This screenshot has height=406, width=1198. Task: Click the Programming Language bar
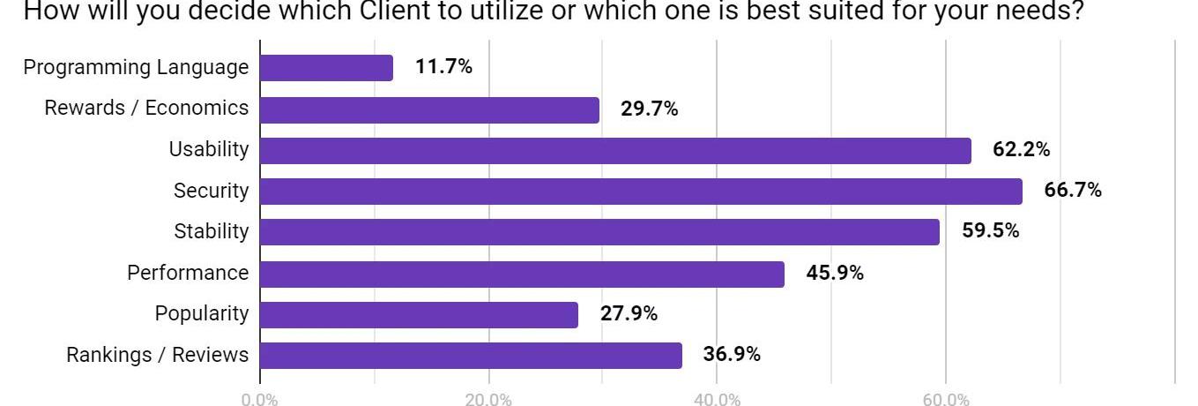point(327,68)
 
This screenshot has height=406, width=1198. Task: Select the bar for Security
point(641,192)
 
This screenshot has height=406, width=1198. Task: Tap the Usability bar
point(615,151)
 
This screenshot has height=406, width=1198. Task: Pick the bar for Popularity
point(419,315)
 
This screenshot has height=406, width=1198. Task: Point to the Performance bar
point(522,274)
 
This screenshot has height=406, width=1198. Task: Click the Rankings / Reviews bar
point(471,356)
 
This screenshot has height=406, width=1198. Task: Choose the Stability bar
point(599,232)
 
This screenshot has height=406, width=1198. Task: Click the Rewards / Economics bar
point(429,110)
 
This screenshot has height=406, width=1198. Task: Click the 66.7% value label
point(1072,190)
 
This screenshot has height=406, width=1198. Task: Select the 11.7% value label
point(443,66)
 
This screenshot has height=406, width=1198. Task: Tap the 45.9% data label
point(834,273)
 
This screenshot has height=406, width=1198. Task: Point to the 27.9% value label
point(629,313)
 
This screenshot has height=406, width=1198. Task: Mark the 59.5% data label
point(990,231)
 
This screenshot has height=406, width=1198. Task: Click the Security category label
point(211,191)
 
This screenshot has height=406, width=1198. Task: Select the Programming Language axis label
point(136,67)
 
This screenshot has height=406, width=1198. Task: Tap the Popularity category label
point(201,313)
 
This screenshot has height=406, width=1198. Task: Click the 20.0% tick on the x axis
point(488,400)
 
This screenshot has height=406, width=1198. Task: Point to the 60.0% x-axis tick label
point(946,400)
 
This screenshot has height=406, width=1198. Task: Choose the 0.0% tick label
point(259,400)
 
